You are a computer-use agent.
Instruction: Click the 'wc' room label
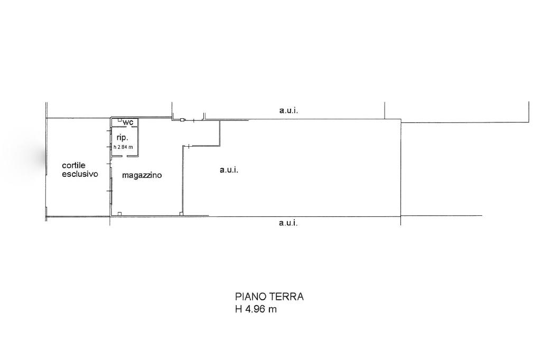pos(128,122)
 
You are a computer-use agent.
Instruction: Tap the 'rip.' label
pos(122,137)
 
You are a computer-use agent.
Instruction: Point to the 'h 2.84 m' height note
pos(123,147)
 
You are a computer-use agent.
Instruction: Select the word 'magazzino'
pos(142,175)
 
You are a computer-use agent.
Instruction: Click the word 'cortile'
pos(73,166)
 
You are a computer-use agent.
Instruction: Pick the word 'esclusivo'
pos(80,174)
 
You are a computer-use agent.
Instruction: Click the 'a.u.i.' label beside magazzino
pos(229,169)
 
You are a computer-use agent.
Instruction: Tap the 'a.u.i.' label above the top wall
pos(288,111)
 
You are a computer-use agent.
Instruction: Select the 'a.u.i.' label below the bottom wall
pos(288,223)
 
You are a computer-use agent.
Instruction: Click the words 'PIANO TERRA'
pos(269,297)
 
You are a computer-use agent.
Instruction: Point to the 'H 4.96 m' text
pos(256,309)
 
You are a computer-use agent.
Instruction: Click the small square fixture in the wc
pos(119,120)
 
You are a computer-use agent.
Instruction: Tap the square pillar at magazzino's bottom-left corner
pos(119,214)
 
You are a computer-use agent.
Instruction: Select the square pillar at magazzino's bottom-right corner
pos(181,214)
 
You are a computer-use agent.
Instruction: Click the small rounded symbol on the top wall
pos(182,120)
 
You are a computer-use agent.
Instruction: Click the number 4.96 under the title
pos(255,309)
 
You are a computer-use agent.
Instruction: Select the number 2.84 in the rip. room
pos(123,147)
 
